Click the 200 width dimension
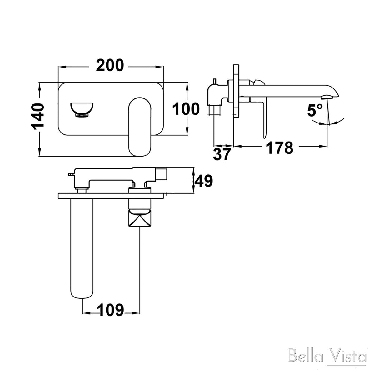[x=110, y=65]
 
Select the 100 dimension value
[x=186, y=109]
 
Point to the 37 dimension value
[x=222, y=154]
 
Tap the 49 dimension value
[x=203, y=181]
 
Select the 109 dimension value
[x=111, y=310]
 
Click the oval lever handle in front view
[x=140, y=127]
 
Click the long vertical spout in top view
[x=82, y=247]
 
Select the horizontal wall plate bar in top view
[x=111, y=196]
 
